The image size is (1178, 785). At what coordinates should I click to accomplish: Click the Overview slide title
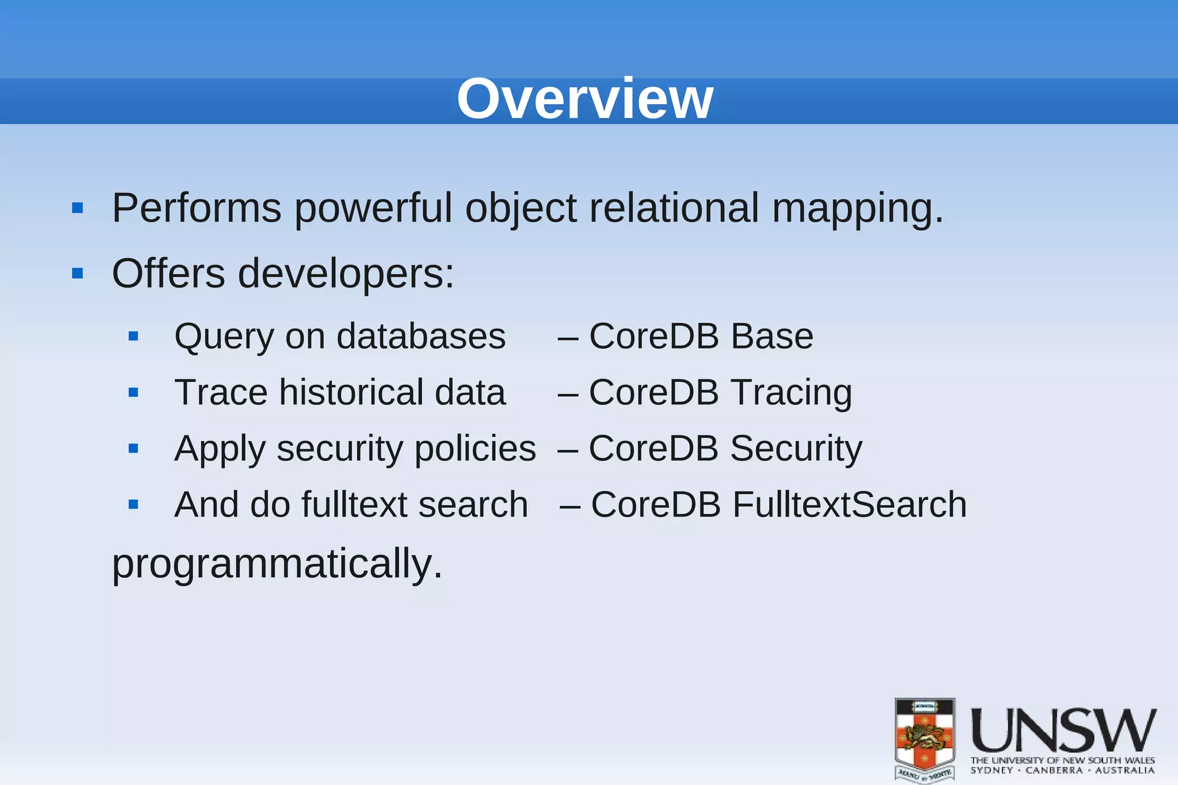coord(585,99)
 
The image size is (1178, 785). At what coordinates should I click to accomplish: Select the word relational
coord(674,208)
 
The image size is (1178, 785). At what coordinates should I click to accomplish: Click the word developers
coord(346,274)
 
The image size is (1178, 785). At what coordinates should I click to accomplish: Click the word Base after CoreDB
coord(772,336)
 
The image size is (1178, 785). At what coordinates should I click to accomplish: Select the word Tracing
coord(791,393)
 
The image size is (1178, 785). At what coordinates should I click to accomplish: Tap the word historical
coord(351,393)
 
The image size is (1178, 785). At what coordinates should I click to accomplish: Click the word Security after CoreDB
coord(796,449)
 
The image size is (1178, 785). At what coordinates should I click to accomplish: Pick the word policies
coord(475,449)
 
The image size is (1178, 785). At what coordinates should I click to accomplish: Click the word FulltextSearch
coord(850,505)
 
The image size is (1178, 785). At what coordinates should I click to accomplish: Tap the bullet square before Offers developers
coord(78,273)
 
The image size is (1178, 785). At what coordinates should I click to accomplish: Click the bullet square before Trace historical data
coord(133,393)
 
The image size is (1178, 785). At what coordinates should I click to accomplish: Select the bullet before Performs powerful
coord(78,208)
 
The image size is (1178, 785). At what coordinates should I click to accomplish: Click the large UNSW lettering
coord(1064,730)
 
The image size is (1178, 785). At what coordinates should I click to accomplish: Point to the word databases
coord(421,336)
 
